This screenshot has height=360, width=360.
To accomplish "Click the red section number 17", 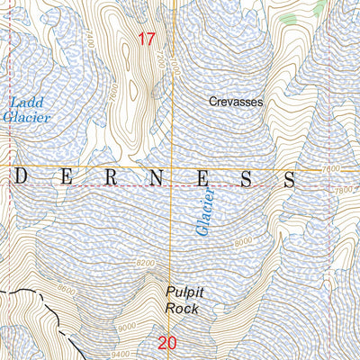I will click(148, 39).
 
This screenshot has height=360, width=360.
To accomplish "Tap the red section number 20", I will click(166, 342).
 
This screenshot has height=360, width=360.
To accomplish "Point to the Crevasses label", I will click(236, 103).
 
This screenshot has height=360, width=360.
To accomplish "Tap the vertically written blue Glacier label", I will click(206, 211).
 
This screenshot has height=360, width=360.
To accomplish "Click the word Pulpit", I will click(184, 292).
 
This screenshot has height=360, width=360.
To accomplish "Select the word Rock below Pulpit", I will click(183, 308).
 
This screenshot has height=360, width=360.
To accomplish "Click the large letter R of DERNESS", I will click(110, 178).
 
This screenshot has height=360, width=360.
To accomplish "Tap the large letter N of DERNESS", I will click(155, 178).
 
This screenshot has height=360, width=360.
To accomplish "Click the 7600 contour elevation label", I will click(330, 168).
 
